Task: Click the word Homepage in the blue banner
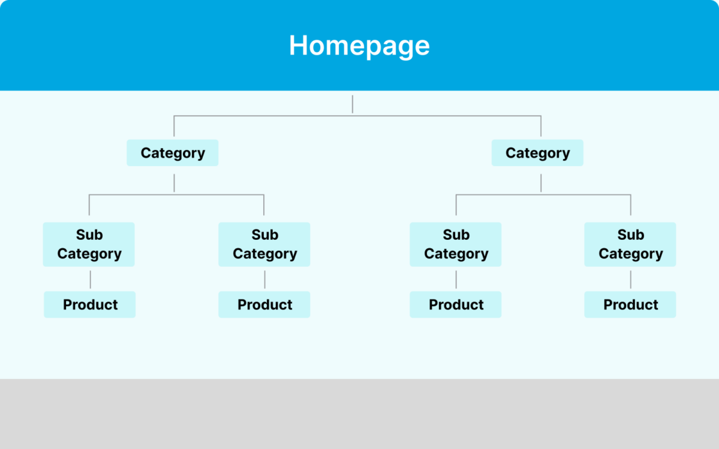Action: click(359, 46)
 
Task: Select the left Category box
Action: click(172, 153)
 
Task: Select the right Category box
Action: click(537, 153)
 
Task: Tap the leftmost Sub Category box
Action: click(89, 244)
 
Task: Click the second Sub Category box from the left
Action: click(264, 244)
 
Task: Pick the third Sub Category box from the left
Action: click(456, 244)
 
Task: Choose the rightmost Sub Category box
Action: click(630, 244)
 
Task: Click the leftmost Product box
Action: click(90, 305)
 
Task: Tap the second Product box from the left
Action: click(264, 305)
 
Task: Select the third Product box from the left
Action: click(456, 305)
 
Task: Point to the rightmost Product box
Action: click(630, 305)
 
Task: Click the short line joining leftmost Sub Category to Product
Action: click(90, 279)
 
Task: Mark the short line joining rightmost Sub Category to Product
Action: click(630, 279)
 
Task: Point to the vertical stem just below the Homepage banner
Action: click(352, 104)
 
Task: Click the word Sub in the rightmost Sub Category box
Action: click(630, 235)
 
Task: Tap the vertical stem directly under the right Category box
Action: click(541, 182)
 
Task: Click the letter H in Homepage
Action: click(297, 46)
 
